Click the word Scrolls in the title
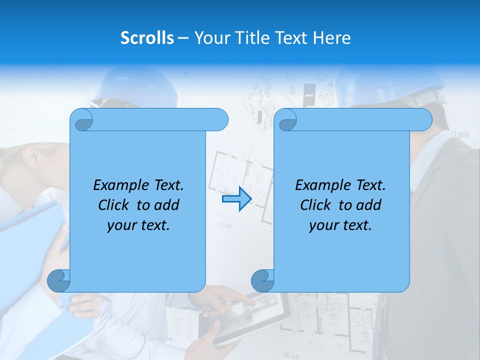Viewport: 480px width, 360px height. [147, 38]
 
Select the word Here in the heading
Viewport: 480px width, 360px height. [332, 38]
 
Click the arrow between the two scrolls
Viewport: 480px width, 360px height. [236, 199]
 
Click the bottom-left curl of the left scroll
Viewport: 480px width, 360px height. [58, 280]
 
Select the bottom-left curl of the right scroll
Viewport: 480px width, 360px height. [262, 280]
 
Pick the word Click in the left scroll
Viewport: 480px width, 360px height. [114, 205]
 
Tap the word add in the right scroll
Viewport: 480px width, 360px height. [369, 205]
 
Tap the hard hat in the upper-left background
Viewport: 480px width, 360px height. [135, 87]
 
